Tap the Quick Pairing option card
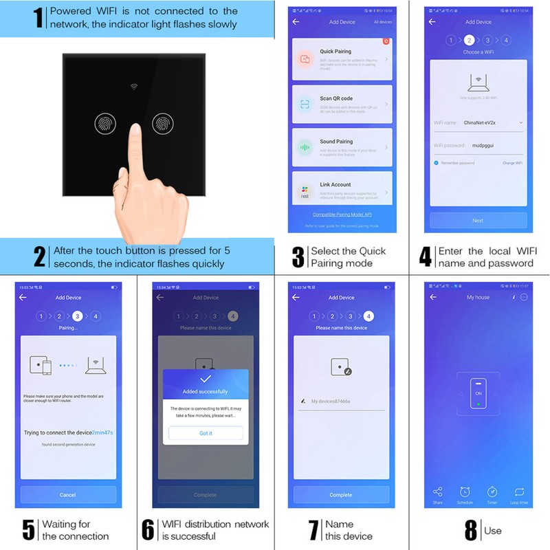(342, 59)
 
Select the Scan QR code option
(342, 104)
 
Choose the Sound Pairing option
(342, 147)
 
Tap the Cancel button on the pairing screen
(68, 494)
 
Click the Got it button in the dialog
(206, 433)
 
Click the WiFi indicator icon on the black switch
(134, 88)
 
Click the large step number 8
(471, 531)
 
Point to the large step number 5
(28, 530)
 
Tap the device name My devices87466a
(335, 401)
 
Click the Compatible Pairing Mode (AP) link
(342, 215)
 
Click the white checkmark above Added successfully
(206, 379)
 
